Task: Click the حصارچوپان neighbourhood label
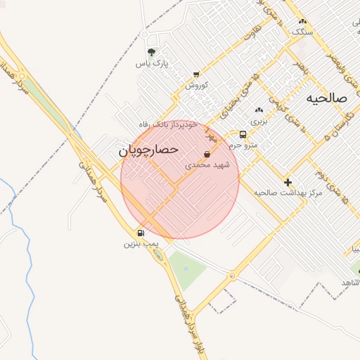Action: (148, 150)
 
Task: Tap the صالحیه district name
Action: (327, 98)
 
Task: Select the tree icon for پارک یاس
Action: (151, 52)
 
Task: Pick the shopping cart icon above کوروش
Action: (195, 75)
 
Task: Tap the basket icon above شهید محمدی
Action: (207, 154)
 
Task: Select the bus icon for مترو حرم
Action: (243, 134)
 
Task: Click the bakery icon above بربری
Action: (259, 110)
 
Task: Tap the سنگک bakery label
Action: (302, 32)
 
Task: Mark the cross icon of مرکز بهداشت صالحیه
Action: (288, 181)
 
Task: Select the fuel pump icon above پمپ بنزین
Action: (141, 233)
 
